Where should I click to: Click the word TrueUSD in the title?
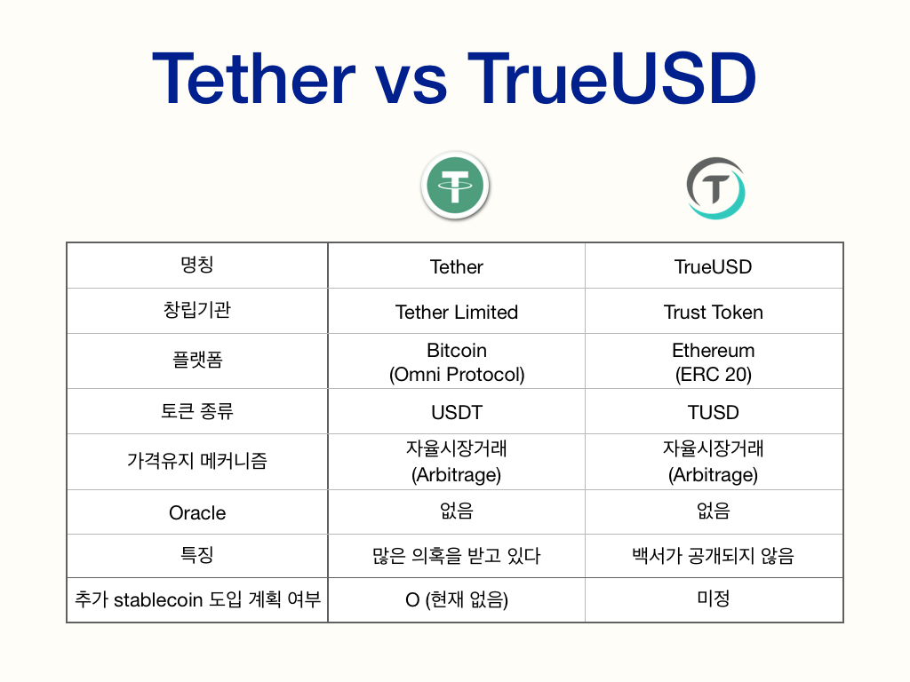coord(611,79)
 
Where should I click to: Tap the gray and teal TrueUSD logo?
coord(715,188)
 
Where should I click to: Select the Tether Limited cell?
coord(456,312)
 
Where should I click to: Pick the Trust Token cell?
coord(713,312)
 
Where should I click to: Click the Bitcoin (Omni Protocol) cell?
coord(456,362)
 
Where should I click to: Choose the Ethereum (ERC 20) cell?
coord(713,362)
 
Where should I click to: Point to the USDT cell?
coord(456,412)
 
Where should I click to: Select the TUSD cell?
coord(713,412)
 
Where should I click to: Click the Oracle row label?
coord(197,512)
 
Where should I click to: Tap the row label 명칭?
coord(197,266)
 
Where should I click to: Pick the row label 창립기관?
coord(197,311)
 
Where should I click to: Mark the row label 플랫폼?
coord(197,361)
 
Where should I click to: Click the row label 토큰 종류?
coord(197,411)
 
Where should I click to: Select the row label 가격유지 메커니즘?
coord(197,462)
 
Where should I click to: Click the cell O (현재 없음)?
coord(456,600)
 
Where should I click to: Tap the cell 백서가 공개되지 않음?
coord(713,556)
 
